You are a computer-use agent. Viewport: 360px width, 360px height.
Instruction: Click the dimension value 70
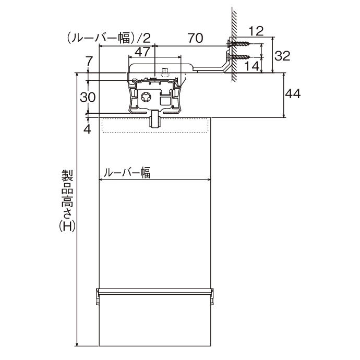(196, 38)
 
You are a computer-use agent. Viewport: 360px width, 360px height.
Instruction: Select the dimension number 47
(142, 52)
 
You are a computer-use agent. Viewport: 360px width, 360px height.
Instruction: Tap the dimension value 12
(256, 31)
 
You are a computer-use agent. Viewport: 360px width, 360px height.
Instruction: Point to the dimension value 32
(282, 56)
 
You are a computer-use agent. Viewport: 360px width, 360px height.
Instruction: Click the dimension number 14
(252, 66)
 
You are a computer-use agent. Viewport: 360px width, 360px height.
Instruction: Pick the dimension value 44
(293, 94)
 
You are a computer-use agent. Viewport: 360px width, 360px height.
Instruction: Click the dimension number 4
(88, 129)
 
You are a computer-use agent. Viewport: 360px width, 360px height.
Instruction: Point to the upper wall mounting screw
(239, 43)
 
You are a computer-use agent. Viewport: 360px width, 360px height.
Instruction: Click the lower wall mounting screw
(239, 56)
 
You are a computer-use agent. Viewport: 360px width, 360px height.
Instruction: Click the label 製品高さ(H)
(67, 201)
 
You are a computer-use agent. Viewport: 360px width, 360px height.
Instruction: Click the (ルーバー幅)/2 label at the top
(109, 38)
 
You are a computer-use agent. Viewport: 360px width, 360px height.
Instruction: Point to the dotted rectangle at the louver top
(155, 125)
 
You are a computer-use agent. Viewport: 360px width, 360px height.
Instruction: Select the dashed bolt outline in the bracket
(165, 72)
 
